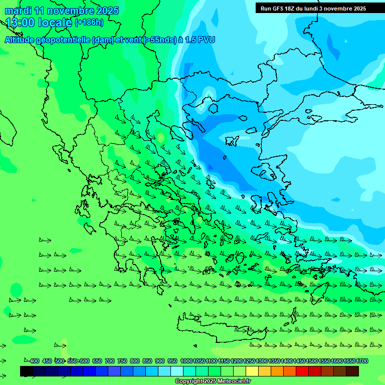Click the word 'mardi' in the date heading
tap(18, 10)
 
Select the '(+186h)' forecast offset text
tap(89, 22)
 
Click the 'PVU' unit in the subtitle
tap(206, 40)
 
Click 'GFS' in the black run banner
tap(279, 9)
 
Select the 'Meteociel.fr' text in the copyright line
tap(234, 381)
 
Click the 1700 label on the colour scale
tap(362, 361)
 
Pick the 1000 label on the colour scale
tap(186, 361)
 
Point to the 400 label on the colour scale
tap(34, 361)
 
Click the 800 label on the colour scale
tap(134, 361)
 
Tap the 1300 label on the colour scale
tap(262, 361)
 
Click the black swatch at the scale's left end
tap(27, 371)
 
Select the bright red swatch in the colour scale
tap(302, 371)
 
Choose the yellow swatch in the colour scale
tap(252, 371)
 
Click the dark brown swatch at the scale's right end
tap(352, 371)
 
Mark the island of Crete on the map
tap(211, 328)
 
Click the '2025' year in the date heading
tap(108, 10)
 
